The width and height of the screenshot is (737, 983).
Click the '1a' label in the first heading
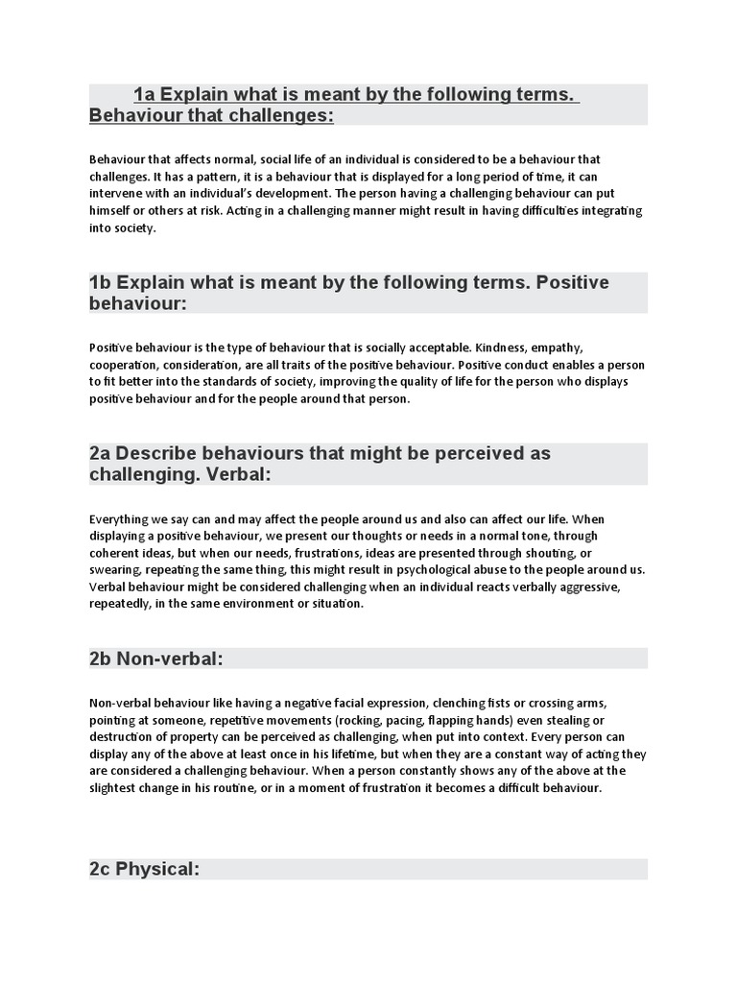tap(144, 95)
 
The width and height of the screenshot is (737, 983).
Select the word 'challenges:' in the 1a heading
tap(286, 116)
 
